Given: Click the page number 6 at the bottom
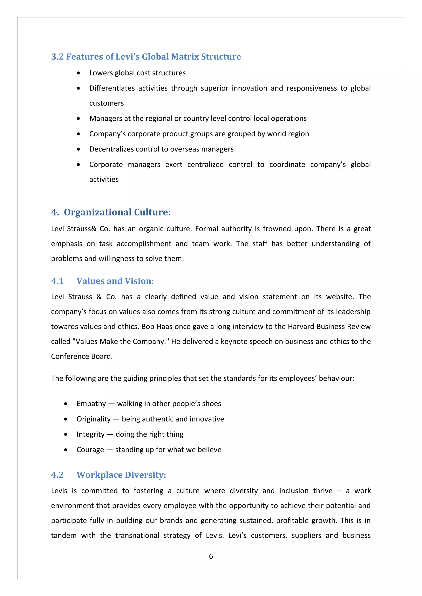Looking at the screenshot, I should point(211,556).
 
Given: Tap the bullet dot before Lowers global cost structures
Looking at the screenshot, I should point(79,73).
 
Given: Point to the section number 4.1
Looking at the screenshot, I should point(57,281).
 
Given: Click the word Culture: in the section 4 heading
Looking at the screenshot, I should point(152,212).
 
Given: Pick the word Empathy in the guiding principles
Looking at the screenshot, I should point(91,403).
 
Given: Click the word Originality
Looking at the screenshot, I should point(94,419).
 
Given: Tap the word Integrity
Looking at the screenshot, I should point(90,434).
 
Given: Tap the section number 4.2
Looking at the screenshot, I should point(57,475).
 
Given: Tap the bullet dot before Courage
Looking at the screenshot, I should point(66,450).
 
